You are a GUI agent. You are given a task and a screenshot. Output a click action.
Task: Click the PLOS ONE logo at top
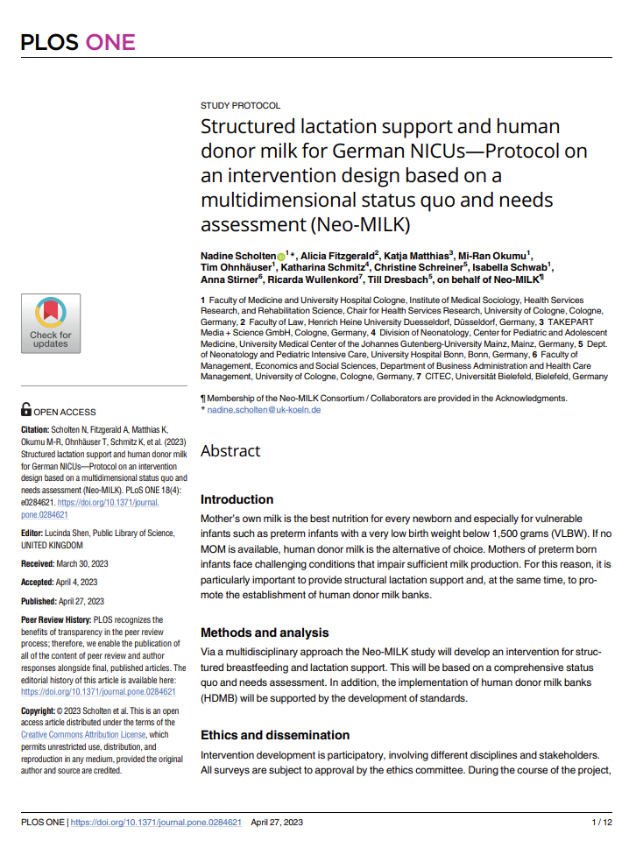(77, 41)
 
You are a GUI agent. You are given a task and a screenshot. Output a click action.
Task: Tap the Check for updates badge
(51, 323)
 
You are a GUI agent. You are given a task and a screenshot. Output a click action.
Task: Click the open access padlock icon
(26, 408)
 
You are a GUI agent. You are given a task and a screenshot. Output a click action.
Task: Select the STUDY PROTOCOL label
(241, 105)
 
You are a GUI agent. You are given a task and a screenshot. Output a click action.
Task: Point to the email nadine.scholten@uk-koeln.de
(264, 410)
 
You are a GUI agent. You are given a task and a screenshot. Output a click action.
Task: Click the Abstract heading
(230, 451)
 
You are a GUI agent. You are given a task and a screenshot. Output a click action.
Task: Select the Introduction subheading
(237, 499)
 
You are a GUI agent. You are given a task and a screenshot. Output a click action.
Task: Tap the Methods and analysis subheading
(265, 632)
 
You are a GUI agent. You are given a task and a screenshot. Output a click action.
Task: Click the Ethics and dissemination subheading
(275, 735)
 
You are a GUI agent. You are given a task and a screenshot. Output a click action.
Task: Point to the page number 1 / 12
(602, 823)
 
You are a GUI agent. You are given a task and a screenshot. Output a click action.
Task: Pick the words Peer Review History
(57, 619)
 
